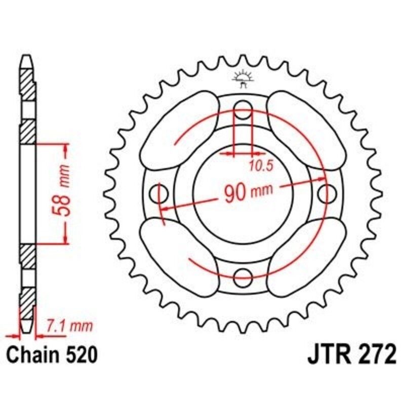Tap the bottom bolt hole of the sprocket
coord(244,276)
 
